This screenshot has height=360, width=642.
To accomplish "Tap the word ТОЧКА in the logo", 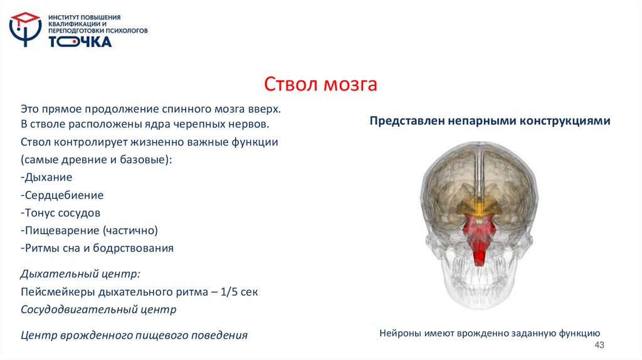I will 80,42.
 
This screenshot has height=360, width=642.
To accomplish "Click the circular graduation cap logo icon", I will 24,29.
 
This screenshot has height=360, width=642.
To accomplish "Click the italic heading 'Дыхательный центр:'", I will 80,274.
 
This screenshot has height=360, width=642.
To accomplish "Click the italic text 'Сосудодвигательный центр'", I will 98,309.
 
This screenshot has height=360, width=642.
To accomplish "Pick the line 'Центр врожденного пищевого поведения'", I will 134,335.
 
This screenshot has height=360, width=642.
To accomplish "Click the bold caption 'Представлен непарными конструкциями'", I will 490,120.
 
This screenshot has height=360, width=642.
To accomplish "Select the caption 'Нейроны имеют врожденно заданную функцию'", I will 490,333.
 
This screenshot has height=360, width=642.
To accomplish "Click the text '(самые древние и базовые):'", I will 95,159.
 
